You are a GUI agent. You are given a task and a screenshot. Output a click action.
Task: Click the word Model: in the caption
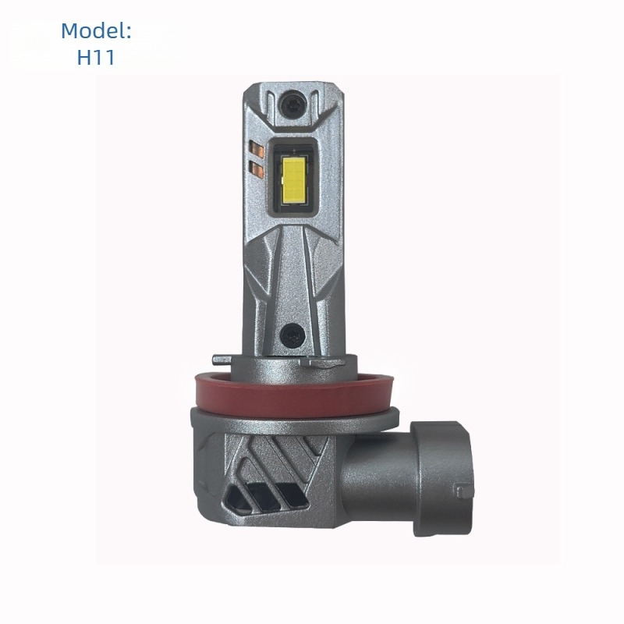pyautogui.click(x=96, y=30)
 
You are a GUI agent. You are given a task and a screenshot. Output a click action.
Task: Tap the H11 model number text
pyautogui.click(x=96, y=57)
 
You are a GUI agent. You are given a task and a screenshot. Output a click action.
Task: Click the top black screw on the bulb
pyautogui.click(x=292, y=105)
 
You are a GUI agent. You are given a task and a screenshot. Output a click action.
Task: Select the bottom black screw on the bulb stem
pyautogui.click(x=292, y=335)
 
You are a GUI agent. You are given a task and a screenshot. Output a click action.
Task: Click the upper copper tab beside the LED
pyautogui.click(x=257, y=149)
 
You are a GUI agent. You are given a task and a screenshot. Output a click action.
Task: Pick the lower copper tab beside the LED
pyautogui.click(x=257, y=168)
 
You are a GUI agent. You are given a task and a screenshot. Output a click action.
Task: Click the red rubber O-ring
pyautogui.click(x=294, y=395)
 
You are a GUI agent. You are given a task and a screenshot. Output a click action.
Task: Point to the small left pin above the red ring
pyautogui.click(x=222, y=360)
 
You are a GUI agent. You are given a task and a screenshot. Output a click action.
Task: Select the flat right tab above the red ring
pyautogui.click(x=323, y=363)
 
